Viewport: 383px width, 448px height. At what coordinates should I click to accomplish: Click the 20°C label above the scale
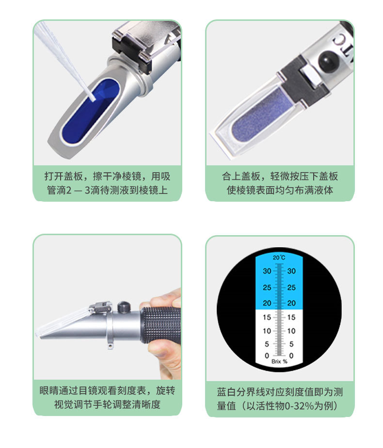[x=279, y=257]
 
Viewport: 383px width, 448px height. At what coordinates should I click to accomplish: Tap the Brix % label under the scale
[x=279, y=362]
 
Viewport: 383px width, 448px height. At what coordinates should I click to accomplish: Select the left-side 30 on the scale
[x=267, y=272]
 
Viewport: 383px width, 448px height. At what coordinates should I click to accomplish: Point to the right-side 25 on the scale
[x=291, y=288]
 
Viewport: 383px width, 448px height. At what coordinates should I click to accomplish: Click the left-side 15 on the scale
[x=267, y=318]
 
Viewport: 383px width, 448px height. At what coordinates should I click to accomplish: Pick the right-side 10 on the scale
[x=291, y=331]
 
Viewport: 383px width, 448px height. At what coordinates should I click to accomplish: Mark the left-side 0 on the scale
[x=267, y=356]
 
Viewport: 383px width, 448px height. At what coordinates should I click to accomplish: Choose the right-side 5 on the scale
[x=291, y=344]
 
